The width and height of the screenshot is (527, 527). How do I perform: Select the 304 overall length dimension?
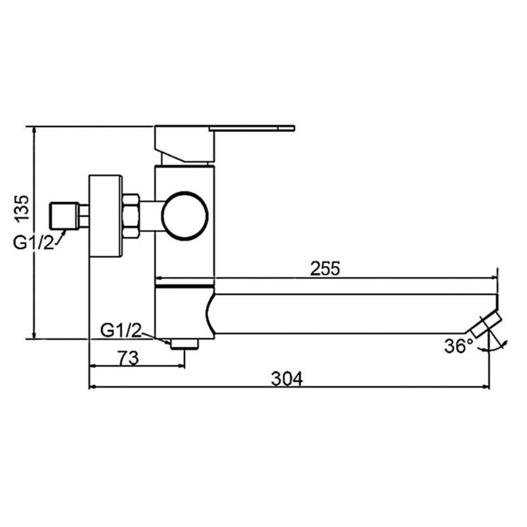click(x=287, y=378)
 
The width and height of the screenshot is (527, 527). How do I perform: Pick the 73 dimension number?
click(x=128, y=358)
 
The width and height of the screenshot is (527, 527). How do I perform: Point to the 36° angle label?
click(x=459, y=346)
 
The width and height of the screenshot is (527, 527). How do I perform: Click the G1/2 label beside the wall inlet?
click(x=34, y=242)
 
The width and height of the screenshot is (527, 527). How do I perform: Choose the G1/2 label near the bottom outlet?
click(x=121, y=331)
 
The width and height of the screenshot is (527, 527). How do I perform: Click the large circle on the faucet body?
click(x=185, y=216)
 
